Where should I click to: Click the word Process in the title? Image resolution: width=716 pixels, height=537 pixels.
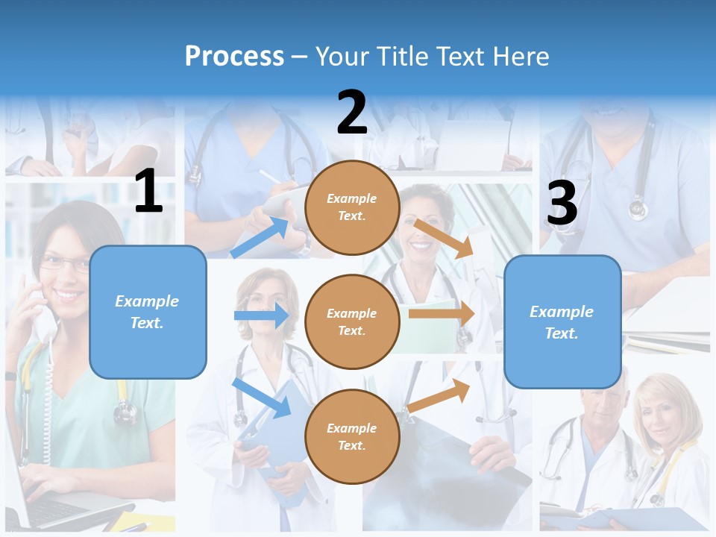tap(234, 56)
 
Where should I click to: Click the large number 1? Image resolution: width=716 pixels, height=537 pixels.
tap(148, 192)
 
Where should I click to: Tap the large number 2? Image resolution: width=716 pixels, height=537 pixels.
tap(352, 113)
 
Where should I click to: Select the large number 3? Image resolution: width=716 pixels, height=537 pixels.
tap(562, 204)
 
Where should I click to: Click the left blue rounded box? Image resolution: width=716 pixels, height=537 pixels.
tap(148, 312)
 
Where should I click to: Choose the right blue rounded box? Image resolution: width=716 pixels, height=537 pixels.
tap(562, 321)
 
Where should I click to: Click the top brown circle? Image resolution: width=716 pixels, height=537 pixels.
tap(352, 207)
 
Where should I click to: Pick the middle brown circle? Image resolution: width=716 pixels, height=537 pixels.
tap(352, 321)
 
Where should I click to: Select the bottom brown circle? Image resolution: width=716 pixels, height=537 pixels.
tap(352, 436)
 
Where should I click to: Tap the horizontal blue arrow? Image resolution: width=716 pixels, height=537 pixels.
tap(261, 315)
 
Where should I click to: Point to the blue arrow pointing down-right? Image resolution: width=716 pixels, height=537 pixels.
tap(261, 398)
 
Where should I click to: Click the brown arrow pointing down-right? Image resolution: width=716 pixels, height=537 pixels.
tap(444, 239)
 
